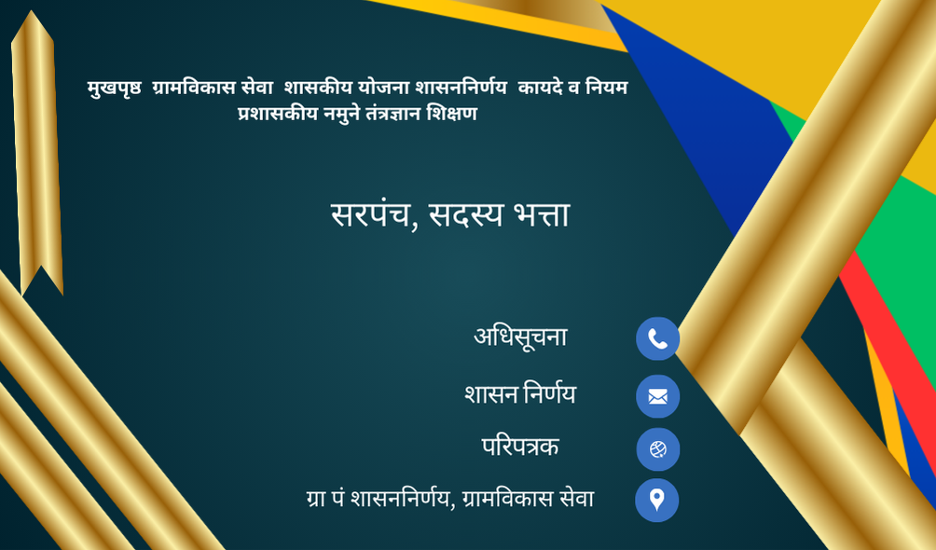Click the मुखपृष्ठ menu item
[114, 89]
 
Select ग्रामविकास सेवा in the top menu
[213, 88]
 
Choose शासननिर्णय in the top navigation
[461, 88]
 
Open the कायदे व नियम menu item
[573, 88]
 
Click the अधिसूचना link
[520, 337]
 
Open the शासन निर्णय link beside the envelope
[520, 394]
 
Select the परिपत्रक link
[520, 447]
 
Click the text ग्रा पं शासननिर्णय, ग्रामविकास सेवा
[450, 499]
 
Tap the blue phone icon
[658, 338]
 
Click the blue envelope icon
[658, 396]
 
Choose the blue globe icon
[658, 449]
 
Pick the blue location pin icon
[656, 500]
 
